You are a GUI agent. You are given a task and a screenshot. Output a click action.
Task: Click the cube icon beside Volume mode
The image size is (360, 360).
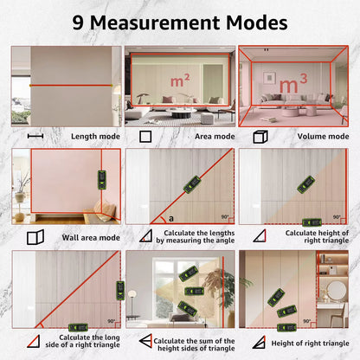[x=258, y=137]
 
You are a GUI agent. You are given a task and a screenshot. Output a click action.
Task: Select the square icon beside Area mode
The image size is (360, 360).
[x=145, y=137]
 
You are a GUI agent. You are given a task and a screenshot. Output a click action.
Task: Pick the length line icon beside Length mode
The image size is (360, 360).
[x=35, y=137]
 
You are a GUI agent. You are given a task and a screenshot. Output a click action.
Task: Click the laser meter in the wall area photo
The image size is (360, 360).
[x=100, y=180]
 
